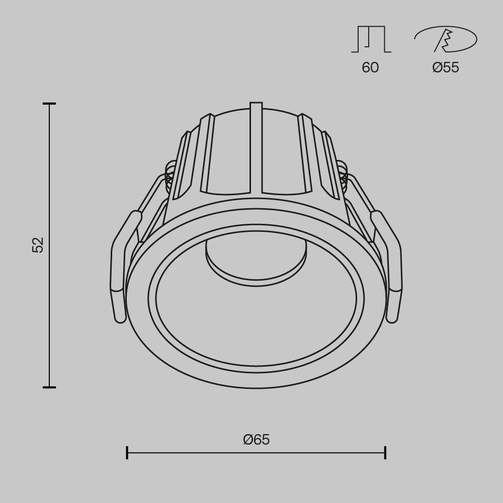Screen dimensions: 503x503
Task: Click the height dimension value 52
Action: click(x=38, y=245)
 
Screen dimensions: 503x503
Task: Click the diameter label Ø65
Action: click(x=256, y=440)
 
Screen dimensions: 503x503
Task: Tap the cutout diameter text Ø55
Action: click(x=445, y=67)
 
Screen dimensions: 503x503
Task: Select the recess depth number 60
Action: click(x=370, y=67)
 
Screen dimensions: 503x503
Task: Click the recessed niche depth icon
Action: click(x=371, y=39)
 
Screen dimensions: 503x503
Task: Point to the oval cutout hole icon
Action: click(x=446, y=39)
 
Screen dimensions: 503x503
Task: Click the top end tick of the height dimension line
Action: click(x=49, y=104)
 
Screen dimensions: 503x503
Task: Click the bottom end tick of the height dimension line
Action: click(x=49, y=387)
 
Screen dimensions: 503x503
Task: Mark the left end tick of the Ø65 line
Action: click(x=127, y=452)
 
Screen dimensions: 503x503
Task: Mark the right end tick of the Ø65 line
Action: click(x=385, y=452)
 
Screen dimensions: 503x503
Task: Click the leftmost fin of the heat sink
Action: click(x=182, y=166)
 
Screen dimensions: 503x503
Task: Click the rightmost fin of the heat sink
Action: click(x=330, y=166)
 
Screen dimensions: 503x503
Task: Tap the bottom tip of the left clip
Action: click(x=120, y=318)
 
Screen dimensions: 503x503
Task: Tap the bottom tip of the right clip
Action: click(x=392, y=318)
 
